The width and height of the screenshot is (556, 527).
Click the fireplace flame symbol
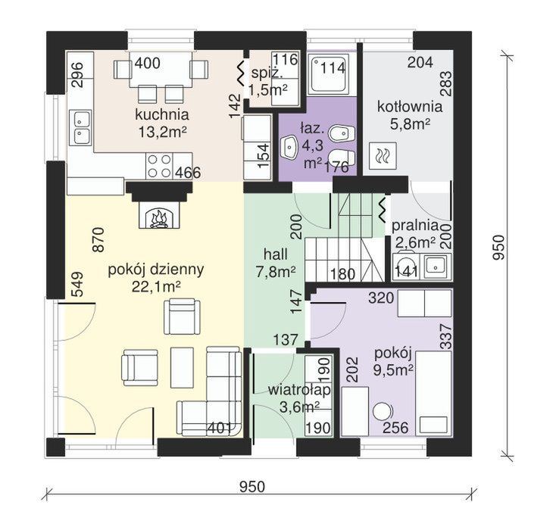(159, 218)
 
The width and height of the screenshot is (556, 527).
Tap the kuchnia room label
(162, 115)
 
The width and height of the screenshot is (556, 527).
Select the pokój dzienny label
(156, 270)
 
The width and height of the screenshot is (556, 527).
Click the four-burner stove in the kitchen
(159, 166)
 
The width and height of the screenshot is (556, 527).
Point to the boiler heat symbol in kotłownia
(383, 155)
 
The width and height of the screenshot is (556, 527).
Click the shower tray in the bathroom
(327, 75)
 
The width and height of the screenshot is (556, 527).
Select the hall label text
(276, 254)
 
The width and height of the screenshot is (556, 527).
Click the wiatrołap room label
(300, 390)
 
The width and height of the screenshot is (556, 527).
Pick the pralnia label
(415, 226)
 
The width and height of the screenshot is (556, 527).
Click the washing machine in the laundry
(405, 266)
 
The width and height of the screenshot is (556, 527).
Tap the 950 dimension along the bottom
(252, 487)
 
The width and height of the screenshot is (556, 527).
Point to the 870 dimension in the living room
(98, 240)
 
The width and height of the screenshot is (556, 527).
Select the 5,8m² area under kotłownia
(411, 124)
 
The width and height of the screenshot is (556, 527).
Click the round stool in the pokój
(382, 412)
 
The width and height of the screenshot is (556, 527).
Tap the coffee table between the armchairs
(183, 367)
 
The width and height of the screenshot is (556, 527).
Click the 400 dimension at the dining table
(148, 63)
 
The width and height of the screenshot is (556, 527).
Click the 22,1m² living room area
(156, 287)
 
